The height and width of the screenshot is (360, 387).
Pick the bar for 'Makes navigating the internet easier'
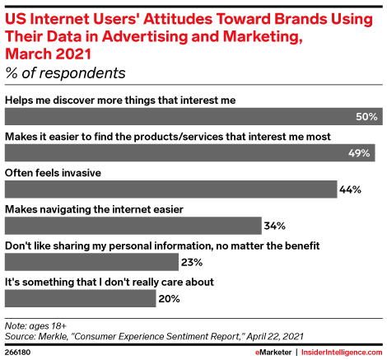tap(133, 225)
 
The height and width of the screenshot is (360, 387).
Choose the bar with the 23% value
tap(91, 262)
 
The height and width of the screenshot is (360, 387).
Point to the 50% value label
tap(367, 117)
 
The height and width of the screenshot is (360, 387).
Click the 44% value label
tap(351, 189)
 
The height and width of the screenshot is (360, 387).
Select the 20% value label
tap(170, 298)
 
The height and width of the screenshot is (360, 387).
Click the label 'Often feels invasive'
tap(54, 172)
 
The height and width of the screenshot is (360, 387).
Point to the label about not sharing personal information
tap(138, 245)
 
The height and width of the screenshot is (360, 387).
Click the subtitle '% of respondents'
tap(65, 73)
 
